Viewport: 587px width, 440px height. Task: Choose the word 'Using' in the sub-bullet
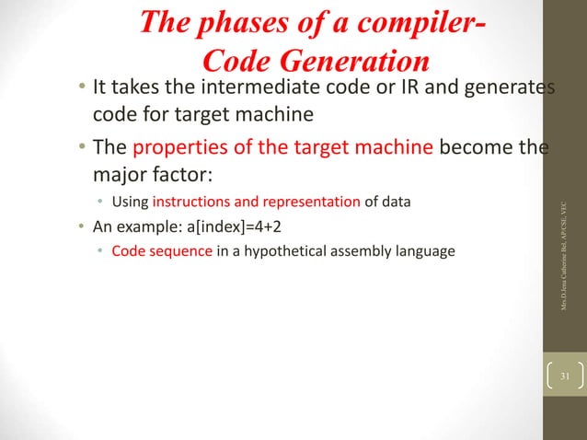131,202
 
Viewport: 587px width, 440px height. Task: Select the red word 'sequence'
180,249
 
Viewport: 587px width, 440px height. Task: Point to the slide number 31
564,377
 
